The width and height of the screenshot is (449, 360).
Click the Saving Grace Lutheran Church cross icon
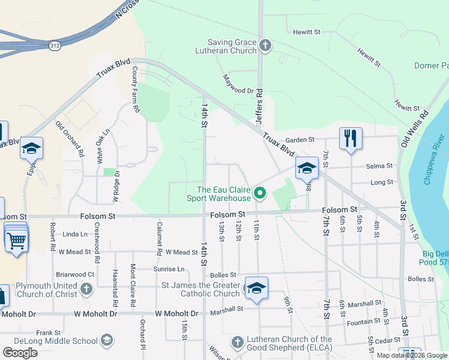pos(265,45)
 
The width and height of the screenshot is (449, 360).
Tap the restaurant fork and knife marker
pos(350,138)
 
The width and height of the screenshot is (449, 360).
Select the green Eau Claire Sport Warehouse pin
pos(259,193)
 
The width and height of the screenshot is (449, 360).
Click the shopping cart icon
pos(17,241)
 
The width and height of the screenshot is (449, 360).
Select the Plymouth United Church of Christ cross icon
pos(86,289)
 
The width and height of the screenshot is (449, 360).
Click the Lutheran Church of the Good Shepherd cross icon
pos(237,343)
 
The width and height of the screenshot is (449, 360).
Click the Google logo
pos(20,353)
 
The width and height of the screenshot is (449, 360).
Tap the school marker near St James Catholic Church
pos(256,289)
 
